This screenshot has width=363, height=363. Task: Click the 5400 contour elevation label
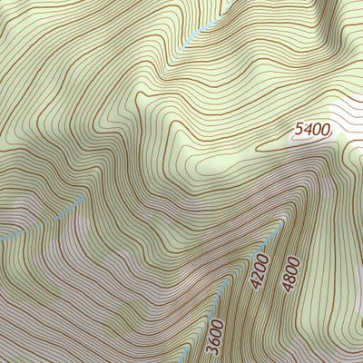(x=311, y=130)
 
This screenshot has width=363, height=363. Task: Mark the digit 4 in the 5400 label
(x=307, y=131)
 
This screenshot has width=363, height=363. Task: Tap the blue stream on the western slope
(x=45, y=219)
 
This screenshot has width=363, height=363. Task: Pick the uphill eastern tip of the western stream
(x=86, y=193)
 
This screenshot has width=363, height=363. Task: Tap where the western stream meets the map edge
(x=1, y=238)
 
